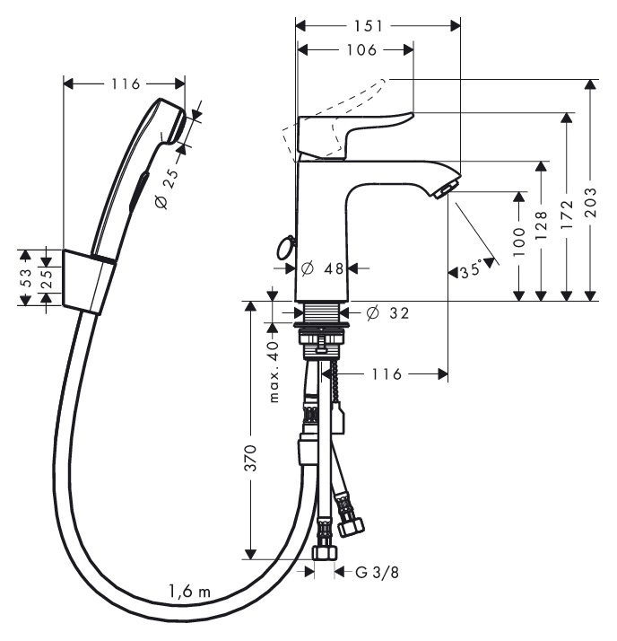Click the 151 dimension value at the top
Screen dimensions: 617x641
pyautogui.click(x=369, y=26)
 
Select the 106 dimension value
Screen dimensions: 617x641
pyautogui.click(x=361, y=50)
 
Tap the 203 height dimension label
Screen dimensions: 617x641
pyautogui.click(x=590, y=203)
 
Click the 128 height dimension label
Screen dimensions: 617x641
pyautogui.click(x=541, y=226)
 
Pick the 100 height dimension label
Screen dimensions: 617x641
pyautogui.click(x=518, y=242)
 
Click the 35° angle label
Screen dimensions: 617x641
pyautogui.click(x=471, y=270)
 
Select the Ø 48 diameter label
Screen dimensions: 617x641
pyautogui.click(x=323, y=268)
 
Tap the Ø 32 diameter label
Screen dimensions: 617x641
pyautogui.click(x=387, y=313)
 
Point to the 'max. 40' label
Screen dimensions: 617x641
pyautogui.click(x=274, y=371)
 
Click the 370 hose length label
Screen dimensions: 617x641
pyautogui.click(x=250, y=458)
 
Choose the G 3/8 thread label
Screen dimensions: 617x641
pyautogui.click(x=377, y=573)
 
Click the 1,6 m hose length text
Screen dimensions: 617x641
pyautogui.click(x=189, y=591)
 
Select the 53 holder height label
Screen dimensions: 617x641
pyautogui.click(x=26, y=277)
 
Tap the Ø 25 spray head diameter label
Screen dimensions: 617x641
pyautogui.click(x=168, y=189)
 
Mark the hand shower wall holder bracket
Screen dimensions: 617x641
pyautogui.click(x=88, y=281)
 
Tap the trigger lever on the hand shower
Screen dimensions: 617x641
pyautogui.click(x=137, y=191)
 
